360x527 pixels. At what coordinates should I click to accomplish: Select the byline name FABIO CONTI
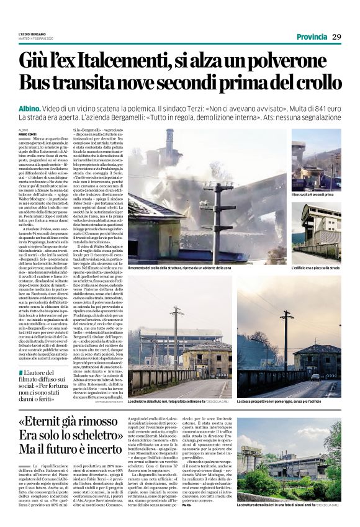tap(27, 135)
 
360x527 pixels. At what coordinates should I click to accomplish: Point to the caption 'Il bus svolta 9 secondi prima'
tap(313, 194)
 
